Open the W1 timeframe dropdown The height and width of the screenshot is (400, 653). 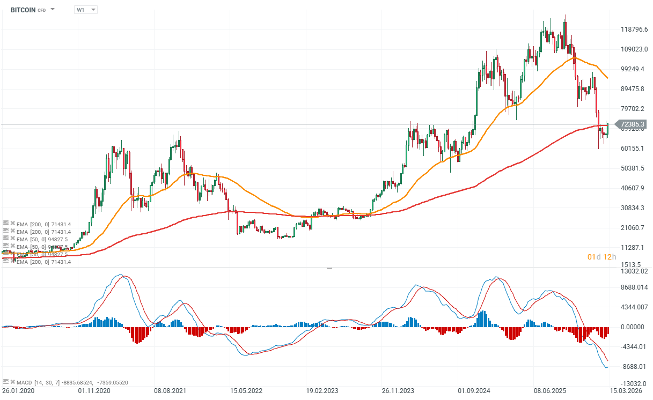point(86,10)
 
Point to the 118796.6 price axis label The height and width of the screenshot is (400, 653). point(631,29)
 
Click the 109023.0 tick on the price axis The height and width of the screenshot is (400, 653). point(631,49)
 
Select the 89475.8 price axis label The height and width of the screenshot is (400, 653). point(631,88)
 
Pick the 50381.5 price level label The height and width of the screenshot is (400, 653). point(631,168)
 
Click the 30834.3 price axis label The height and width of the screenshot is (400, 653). point(631,208)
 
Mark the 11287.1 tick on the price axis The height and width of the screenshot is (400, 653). point(631,247)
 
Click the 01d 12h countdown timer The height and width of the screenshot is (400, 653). point(601,257)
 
